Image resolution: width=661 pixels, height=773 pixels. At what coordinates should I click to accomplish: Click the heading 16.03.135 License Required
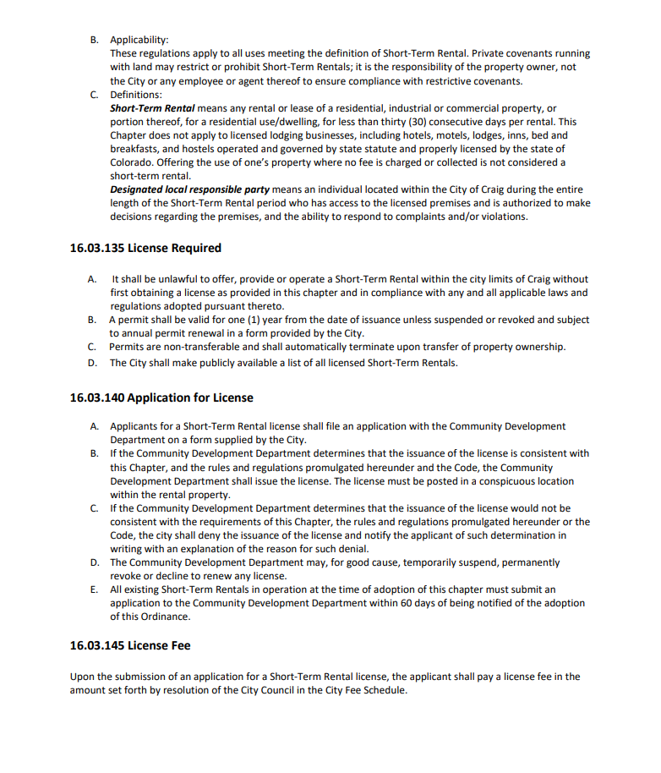point(145,248)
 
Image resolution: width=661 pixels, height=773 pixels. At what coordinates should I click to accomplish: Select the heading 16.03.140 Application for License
point(161,397)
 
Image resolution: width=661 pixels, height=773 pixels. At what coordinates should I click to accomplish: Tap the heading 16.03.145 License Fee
point(130,645)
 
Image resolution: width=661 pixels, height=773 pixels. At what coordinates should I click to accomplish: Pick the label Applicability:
point(139,40)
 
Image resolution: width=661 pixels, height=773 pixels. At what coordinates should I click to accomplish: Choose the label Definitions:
point(136,94)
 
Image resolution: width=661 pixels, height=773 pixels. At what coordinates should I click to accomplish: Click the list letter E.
point(94,589)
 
